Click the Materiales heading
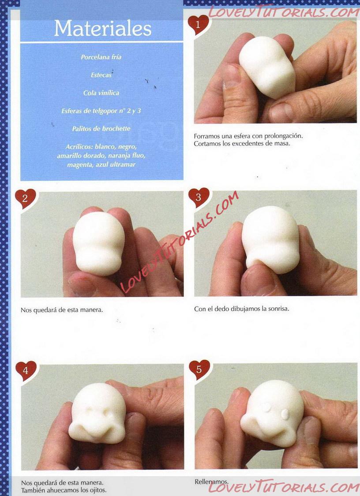[x=103, y=29]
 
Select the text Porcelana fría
[x=101, y=57]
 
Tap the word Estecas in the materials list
[x=101, y=75]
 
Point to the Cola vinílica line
[x=101, y=93]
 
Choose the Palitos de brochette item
[x=101, y=129]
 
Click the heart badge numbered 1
[x=198, y=24]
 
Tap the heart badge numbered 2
[x=25, y=198]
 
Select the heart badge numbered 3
[x=199, y=198]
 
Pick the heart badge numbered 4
[x=26, y=370]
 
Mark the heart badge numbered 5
[x=199, y=369]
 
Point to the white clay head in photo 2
[x=98, y=243]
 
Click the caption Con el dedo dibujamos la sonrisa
[x=242, y=309]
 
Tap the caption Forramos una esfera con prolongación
[x=248, y=136]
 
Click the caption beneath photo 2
[x=62, y=310]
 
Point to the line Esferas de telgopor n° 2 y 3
[x=101, y=111]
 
